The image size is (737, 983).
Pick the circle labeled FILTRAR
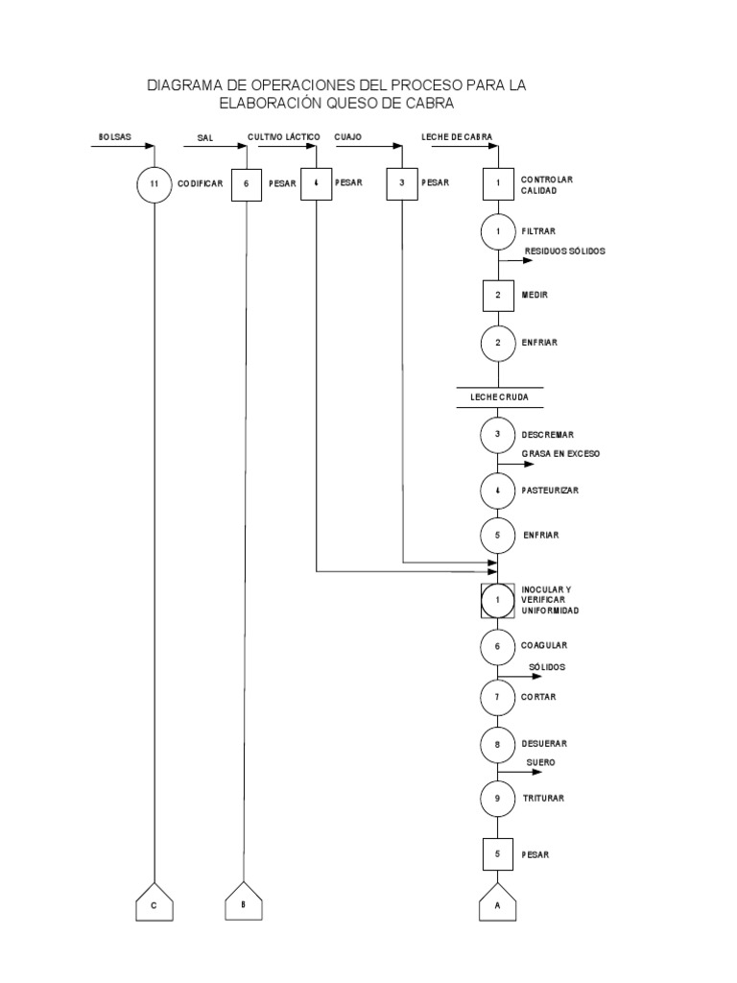[x=498, y=231]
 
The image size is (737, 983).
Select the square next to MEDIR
[x=498, y=295]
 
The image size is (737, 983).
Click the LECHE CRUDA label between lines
[x=498, y=395]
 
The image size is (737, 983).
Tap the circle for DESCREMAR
[x=498, y=434]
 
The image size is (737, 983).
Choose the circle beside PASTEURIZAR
[x=498, y=490]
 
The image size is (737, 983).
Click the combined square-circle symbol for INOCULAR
[x=498, y=599]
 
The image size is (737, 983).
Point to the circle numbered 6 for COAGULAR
[x=498, y=647]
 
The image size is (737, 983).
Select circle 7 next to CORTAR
[x=498, y=696]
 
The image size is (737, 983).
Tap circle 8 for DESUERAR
[x=498, y=743]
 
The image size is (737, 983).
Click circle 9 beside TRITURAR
[x=498, y=798]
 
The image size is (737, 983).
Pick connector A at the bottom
[x=498, y=902]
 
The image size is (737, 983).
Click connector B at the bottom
[x=244, y=902]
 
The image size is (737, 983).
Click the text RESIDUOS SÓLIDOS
[x=564, y=252]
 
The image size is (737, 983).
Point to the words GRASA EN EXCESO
[x=560, y=454]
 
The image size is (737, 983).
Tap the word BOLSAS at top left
[x=113, y=137]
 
